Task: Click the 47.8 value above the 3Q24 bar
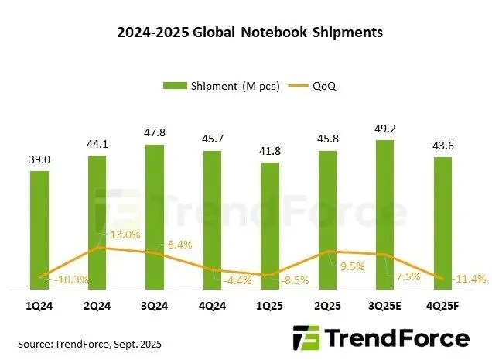[x=154, y=132]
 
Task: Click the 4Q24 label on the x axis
[x=211, y=305]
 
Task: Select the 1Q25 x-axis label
[x=268, y=305]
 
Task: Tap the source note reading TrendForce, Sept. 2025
[x=90, y=342]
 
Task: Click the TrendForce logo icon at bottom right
[x=305, y=339]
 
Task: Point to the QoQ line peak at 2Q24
[x=97, y=248]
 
